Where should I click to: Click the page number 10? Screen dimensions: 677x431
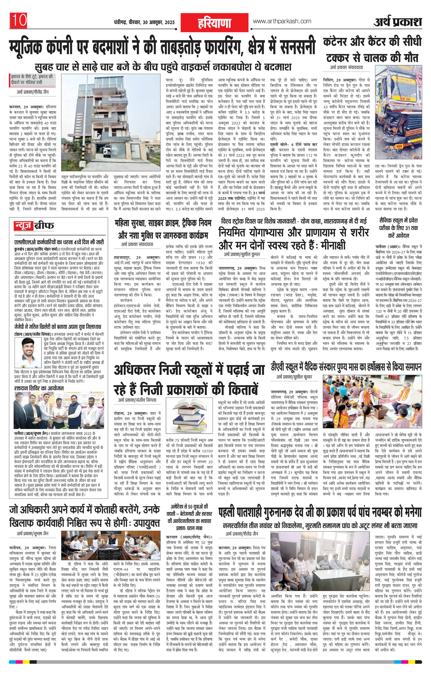[x=19, y=20]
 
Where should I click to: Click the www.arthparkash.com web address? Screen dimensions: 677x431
[x=282, y=21]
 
